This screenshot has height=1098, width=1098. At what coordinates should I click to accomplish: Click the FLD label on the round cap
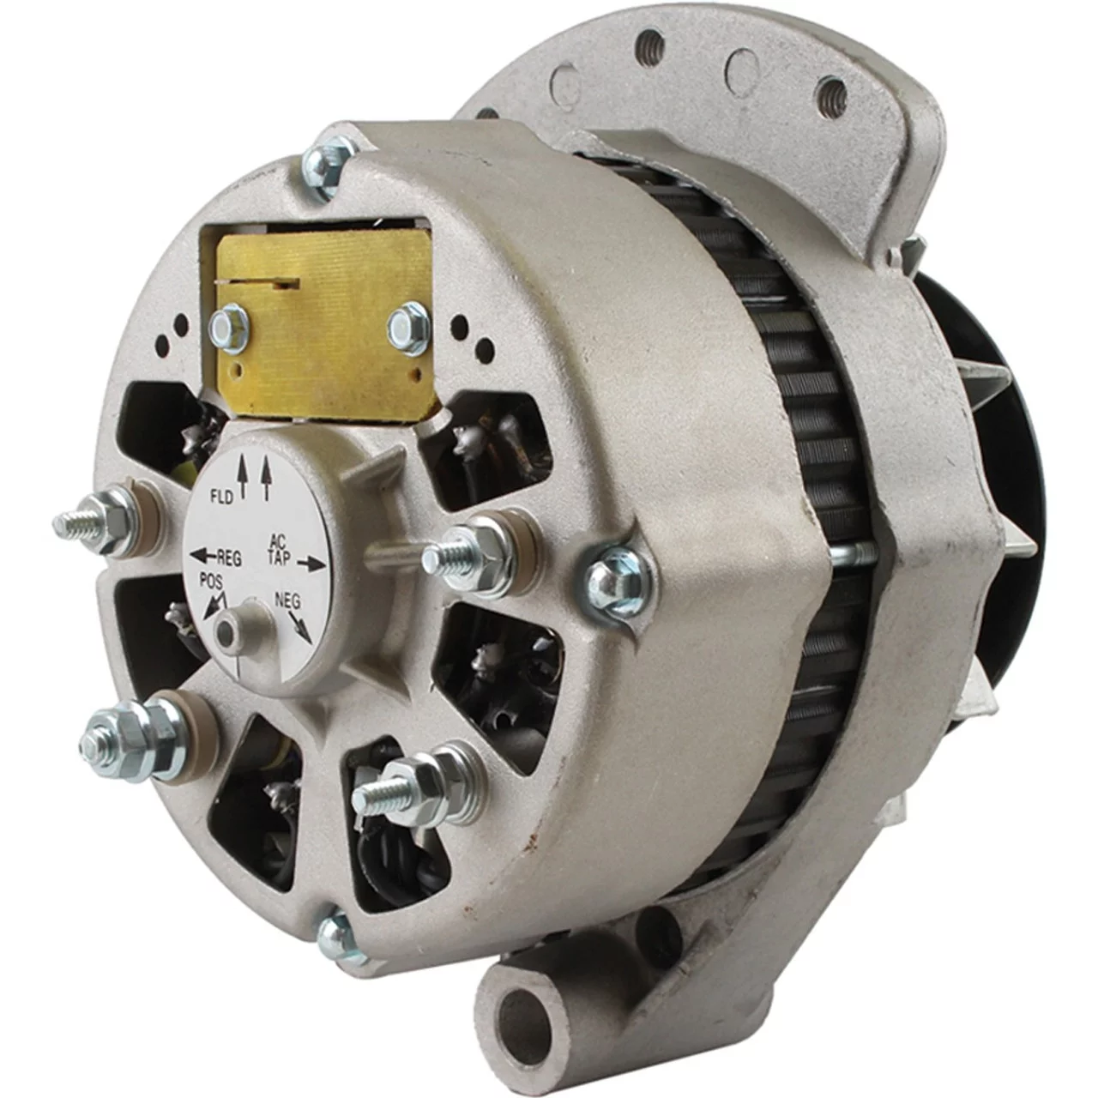tap(221, 497)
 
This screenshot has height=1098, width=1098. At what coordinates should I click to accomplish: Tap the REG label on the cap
tap(229, 558)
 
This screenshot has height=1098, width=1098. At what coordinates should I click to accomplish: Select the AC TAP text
tap(281, 552)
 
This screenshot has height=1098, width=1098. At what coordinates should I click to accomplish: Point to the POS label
tap(211, 582)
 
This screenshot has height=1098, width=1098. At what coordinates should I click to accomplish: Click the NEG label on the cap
tap(287, 600)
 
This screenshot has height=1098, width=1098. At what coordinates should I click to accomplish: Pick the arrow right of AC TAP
tap(311, 564)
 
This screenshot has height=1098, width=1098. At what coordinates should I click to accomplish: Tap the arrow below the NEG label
tap(302, 625)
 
